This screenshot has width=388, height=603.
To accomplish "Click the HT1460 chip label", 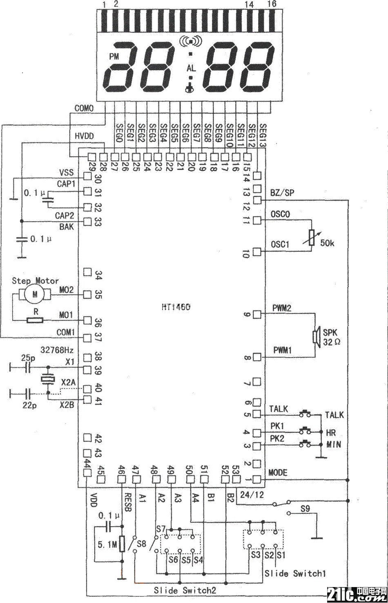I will (x=176, y=307).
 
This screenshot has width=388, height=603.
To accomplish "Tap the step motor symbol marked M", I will (x=35, y=294).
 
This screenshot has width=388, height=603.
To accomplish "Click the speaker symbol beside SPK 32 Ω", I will (x=316, y=336).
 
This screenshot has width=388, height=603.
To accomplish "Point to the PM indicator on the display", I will (x=114, y=56).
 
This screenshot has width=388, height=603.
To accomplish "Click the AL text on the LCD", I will (x=191, y=68).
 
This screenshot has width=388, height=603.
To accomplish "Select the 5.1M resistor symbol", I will (x=122, y=544).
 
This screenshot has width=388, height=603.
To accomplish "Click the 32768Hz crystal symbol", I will (x=48, y=380).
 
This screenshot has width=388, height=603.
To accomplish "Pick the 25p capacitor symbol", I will (x=27, y=368).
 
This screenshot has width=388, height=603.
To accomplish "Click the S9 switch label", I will (x=305, y=509).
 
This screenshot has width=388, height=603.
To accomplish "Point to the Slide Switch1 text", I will (x=295, y=573).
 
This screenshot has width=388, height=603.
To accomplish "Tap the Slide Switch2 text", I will (x=185, y=590).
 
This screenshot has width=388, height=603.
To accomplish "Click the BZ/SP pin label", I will (x=282, y=193).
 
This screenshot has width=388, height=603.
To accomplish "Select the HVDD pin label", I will (x=84, y=136).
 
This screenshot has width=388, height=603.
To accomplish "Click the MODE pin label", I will (x=278, y=473).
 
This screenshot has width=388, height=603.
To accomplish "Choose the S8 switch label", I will (x=141, y=544).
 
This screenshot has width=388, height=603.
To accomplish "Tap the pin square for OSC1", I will (x=256, y=251).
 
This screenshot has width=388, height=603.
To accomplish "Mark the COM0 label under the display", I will (x=84, y=108).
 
